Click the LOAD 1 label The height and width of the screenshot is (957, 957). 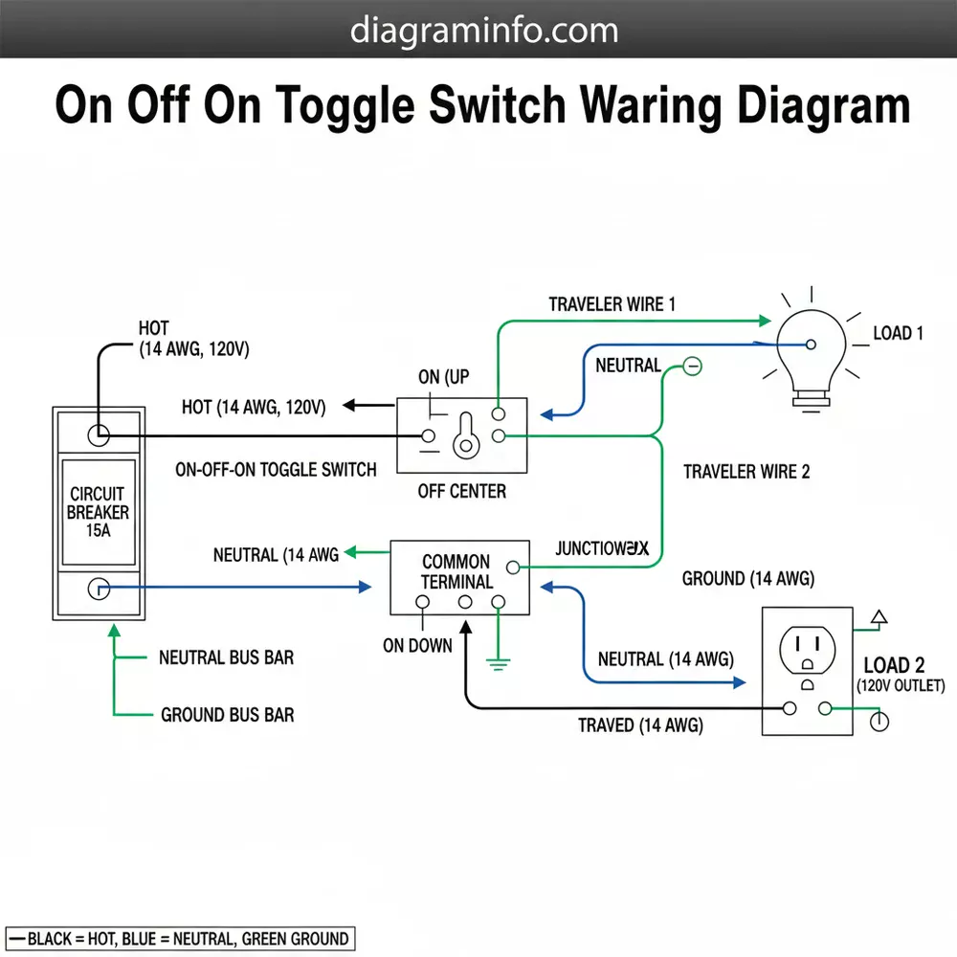pyautogui.click(x=898, y=334)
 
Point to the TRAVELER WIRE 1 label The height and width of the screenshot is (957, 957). pyautogui.click(x=612, y=304)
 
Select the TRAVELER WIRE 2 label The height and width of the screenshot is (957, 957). pyautogui.click(x=746, y=472)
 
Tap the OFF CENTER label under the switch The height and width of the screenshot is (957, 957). pyautogui.click(x=462, y=492)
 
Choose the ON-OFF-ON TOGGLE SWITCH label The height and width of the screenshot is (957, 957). pyautogui.click(x=276, y=470)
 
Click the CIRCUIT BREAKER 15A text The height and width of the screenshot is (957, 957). pyautogui.click(x=99, y=512)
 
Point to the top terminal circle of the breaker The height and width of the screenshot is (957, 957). pyautogui.click(x=99, y=434)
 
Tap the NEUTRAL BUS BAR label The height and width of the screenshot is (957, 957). pyautogui.click(x=226, y=657)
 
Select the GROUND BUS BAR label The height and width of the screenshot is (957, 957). pyautogui.click(x=227, y=715)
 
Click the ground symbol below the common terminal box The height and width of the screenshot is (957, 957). pyautogui.click(x=498, y=661)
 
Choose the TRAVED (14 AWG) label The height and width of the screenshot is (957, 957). pyautogui.click(x=640, y=725)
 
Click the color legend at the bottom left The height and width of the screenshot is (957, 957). pyautogui.click(x=179, y=938)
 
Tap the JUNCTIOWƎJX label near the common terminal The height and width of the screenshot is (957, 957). pyautogui.click(x=602, y=549)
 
